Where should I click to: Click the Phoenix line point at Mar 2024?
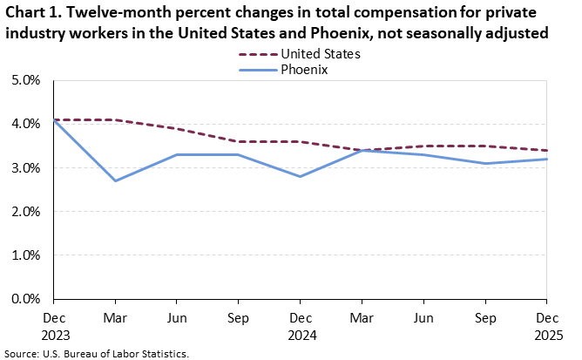[115, 180]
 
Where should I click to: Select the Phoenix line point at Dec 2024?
[301, 176]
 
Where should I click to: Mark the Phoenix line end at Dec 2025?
[547, 159]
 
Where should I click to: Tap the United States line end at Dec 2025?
[547, 150]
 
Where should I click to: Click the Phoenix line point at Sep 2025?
[485, 163]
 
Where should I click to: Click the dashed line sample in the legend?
[257, 54]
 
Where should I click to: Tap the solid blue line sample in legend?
[257, 70]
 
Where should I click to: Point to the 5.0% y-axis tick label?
[26, 80]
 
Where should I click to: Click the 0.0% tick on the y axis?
[26, 299]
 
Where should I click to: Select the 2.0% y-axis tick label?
[26, 212]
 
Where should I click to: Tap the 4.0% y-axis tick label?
[26, 124]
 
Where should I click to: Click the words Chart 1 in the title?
[34, 13]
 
